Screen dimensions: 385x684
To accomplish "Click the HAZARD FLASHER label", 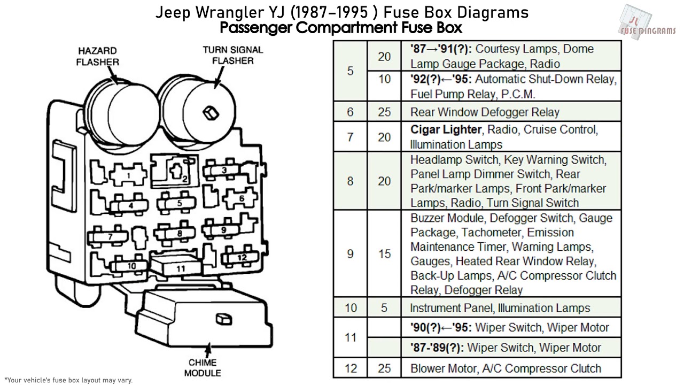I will pyautogui.click(x=98, y=56).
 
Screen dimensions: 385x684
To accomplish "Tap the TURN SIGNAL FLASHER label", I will pyautogui.click(x=232, y=55).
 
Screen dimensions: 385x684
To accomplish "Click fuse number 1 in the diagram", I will pyautogui.click(x=128, y=175).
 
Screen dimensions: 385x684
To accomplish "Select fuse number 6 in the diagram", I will pyautogui.click(x=242, y=198).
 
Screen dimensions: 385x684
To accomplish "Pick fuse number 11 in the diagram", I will pyautogui.click(x=180, y=268).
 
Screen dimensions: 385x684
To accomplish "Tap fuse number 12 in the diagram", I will pyautogui.click(x=242, y=257).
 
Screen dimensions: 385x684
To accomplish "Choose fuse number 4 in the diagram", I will pyautogui.click(x=130, y=205).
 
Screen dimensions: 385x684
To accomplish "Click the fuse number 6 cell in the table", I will pyautogui.click(x=350, y=112).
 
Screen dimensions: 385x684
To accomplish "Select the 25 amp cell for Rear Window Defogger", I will pyautogui.click(x=384, y=112).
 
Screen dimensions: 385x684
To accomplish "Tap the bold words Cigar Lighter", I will pyautogui.click(x=446, y=129).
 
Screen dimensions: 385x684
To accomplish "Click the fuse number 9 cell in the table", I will pyautogui.click(x=350, y=253).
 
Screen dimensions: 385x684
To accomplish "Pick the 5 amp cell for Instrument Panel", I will pyautogui.click(x=384, y=308).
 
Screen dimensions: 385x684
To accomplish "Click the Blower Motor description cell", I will pyautogui.click(x=506, y=368).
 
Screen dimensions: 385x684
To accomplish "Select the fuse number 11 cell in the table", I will pyautogui.click(x=350, y=337).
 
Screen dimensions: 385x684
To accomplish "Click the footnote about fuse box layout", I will pyautogui.click(x=66, y=380).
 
